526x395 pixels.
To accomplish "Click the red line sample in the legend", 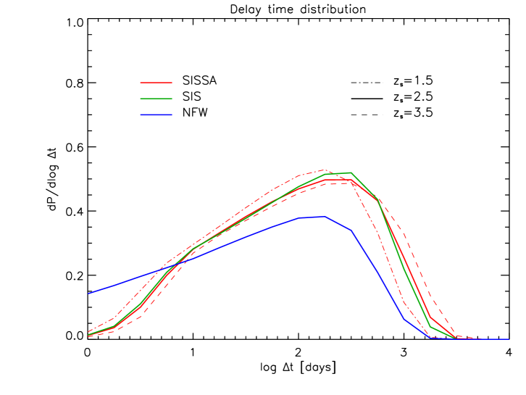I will coord(156,83).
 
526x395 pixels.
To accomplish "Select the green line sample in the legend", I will coord(156,99).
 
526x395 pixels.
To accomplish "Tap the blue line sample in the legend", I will coord(156,115).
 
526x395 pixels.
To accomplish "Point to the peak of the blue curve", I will coord(324,216).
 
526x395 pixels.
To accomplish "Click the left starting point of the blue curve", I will coord(89,293).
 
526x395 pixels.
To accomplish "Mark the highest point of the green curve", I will coord(351,172).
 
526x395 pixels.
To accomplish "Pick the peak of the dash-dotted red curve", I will coord(324,170).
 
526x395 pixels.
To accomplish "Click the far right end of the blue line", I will coord(509,339).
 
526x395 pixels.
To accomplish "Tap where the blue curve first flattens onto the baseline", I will coord(430,338).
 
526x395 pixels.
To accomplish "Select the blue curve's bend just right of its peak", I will coord(351,230).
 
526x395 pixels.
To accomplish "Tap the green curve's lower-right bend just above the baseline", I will coord(430,327).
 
